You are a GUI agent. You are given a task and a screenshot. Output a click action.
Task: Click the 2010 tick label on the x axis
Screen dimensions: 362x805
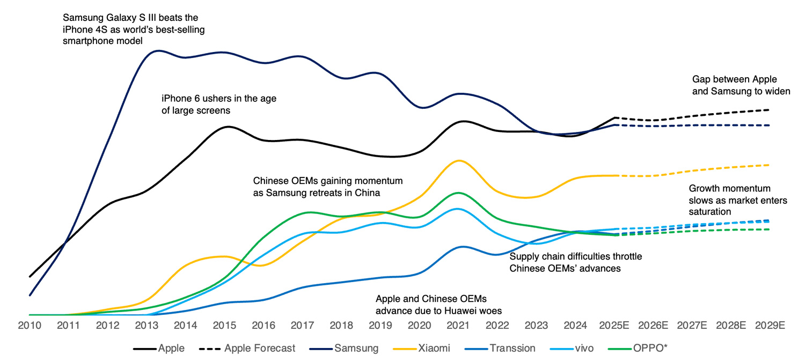30,326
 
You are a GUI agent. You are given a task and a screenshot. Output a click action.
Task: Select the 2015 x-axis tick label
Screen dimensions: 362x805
222,326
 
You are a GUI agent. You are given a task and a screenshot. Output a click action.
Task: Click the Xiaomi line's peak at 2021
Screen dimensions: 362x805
458,160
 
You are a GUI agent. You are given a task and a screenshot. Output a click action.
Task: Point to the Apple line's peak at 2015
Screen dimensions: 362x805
228,127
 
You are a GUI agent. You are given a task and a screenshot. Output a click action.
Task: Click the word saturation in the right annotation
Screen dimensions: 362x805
710,212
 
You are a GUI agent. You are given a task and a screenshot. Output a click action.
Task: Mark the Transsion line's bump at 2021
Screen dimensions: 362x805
459,247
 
